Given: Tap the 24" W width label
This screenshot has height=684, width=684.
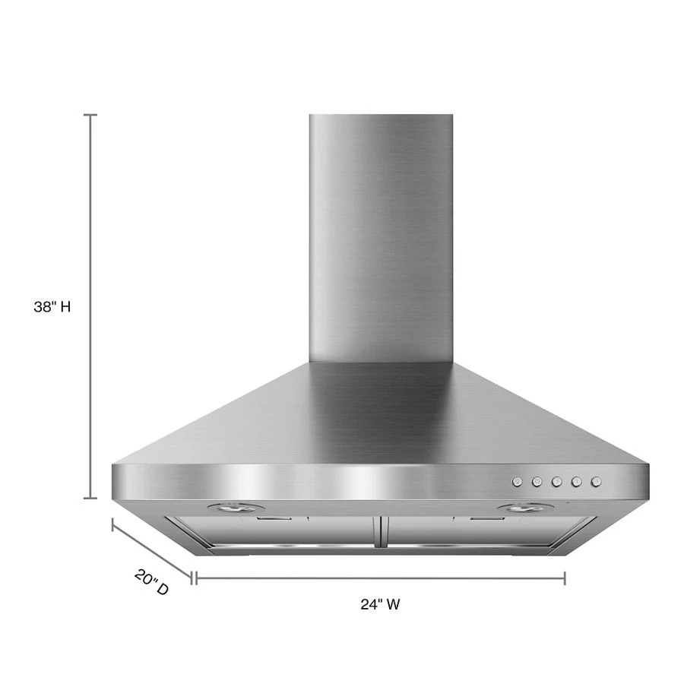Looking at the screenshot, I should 380,605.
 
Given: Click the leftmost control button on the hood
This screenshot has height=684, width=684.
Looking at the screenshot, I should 517,481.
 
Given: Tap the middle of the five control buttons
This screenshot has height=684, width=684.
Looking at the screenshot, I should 556,481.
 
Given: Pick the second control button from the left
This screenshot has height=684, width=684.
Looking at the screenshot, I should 537,481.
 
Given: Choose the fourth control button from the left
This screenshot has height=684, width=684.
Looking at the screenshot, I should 576,481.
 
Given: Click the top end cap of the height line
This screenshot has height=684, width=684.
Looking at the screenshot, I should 90,115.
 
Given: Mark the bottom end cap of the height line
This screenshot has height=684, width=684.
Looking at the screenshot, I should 90,499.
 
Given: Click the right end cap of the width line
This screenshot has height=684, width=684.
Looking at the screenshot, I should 565,578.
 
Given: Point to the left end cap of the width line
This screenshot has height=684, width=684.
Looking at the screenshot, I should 195,578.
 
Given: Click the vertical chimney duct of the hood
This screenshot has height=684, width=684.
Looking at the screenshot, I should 381,236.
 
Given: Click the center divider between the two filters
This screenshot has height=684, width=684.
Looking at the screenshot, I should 380,532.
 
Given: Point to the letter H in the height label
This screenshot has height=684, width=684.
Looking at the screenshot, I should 66,307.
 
